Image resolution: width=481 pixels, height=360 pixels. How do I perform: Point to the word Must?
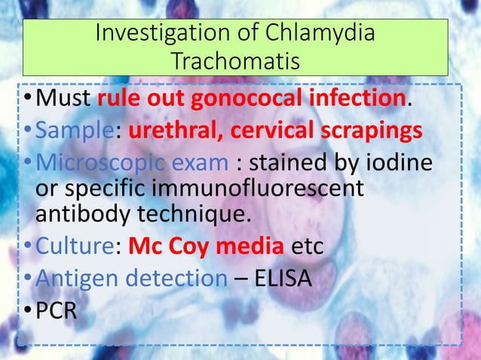click(64, 98)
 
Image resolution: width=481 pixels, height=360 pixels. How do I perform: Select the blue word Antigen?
click(78, 278)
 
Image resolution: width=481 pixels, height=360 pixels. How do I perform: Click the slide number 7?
click(440, 344)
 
